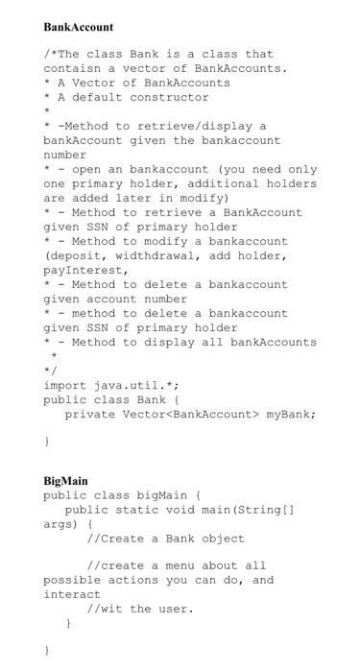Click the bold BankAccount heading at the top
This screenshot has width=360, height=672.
78,27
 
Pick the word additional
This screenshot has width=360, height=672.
203,183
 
